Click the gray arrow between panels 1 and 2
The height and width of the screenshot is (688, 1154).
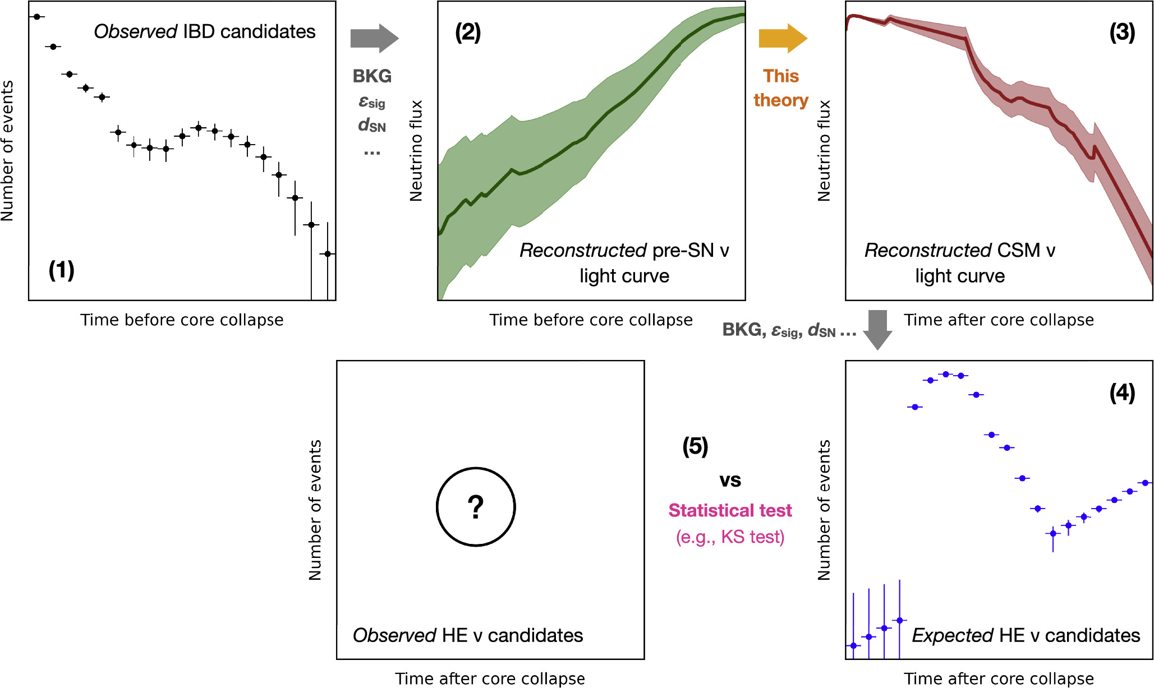pyautogui.click(x=374, y=39)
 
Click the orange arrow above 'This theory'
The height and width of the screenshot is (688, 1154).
pyautogui.click(x=782, y=39)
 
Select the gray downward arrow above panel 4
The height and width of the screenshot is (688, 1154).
pyautogui.click(x=877, y=330)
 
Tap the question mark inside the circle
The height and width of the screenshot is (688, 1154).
pyautogui.click(x=476, y=507)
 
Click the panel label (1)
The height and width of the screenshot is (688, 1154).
pyautogui.click(x=61, y=270)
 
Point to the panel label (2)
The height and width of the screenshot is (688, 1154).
pyautogui.click(x=468, y=33)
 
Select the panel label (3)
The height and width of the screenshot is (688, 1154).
pyautogui.click(x=1122, y=33)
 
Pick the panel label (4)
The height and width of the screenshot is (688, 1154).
pyautogui.click(x=1122, y=393)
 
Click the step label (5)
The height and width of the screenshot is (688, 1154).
pyautogui.click(x=695, y=446)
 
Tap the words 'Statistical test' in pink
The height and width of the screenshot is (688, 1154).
pyautogui.click(x=730, y=510)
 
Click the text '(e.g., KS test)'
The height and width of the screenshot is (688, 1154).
pyautogui.click(x=730, y=537)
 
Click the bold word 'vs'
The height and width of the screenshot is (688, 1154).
pyautogui.click(x=730, y=480)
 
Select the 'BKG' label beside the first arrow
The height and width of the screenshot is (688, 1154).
pyautogui.click(x=372, y=76)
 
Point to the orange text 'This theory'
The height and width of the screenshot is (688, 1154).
pyautogui.click(x=780, y=88)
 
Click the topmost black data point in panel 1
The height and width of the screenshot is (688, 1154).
pyautogui.click(x=37, y=17)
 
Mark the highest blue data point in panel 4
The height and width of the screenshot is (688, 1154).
pyautogui.click(x=946, y=374)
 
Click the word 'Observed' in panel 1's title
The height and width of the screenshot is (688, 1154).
pyautogui.click(x=135, y=31)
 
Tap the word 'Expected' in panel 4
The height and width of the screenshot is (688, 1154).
pyautogui.click(x=953, y=635)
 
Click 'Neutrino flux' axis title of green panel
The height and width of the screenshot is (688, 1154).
pyautogui.click(x=416, y=150)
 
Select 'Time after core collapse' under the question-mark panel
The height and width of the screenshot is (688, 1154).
pyautogui.click(x=490, y=678)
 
